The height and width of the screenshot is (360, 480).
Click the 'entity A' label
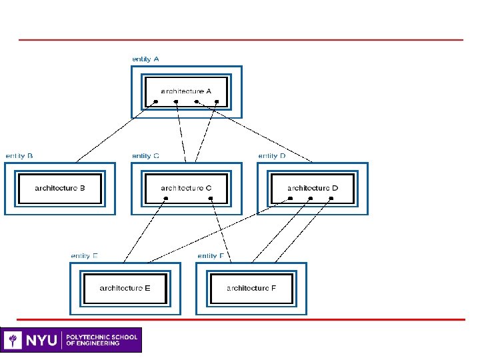point(145,59)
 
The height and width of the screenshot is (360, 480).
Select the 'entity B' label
point(19,155)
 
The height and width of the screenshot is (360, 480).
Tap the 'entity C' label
point(145,155)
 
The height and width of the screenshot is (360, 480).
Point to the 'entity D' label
point(271,155)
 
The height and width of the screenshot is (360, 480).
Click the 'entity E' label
point(85,255)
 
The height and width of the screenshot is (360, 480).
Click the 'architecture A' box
point(186,91)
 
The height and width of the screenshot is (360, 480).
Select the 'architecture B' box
point(60,188)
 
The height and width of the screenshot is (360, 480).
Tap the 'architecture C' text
point(186,188)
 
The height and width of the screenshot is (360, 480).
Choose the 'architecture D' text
point(313,188)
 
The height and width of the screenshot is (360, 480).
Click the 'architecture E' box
point(125,288)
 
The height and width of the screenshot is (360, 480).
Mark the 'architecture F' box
point(251,288)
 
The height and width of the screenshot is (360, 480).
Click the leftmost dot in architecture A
point(156,102)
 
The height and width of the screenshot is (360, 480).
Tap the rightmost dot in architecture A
point(217,102)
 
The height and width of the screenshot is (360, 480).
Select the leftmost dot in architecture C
point(166,199)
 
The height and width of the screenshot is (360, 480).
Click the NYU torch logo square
point(13,340)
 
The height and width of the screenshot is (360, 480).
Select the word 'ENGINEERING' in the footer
point(97,343)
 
